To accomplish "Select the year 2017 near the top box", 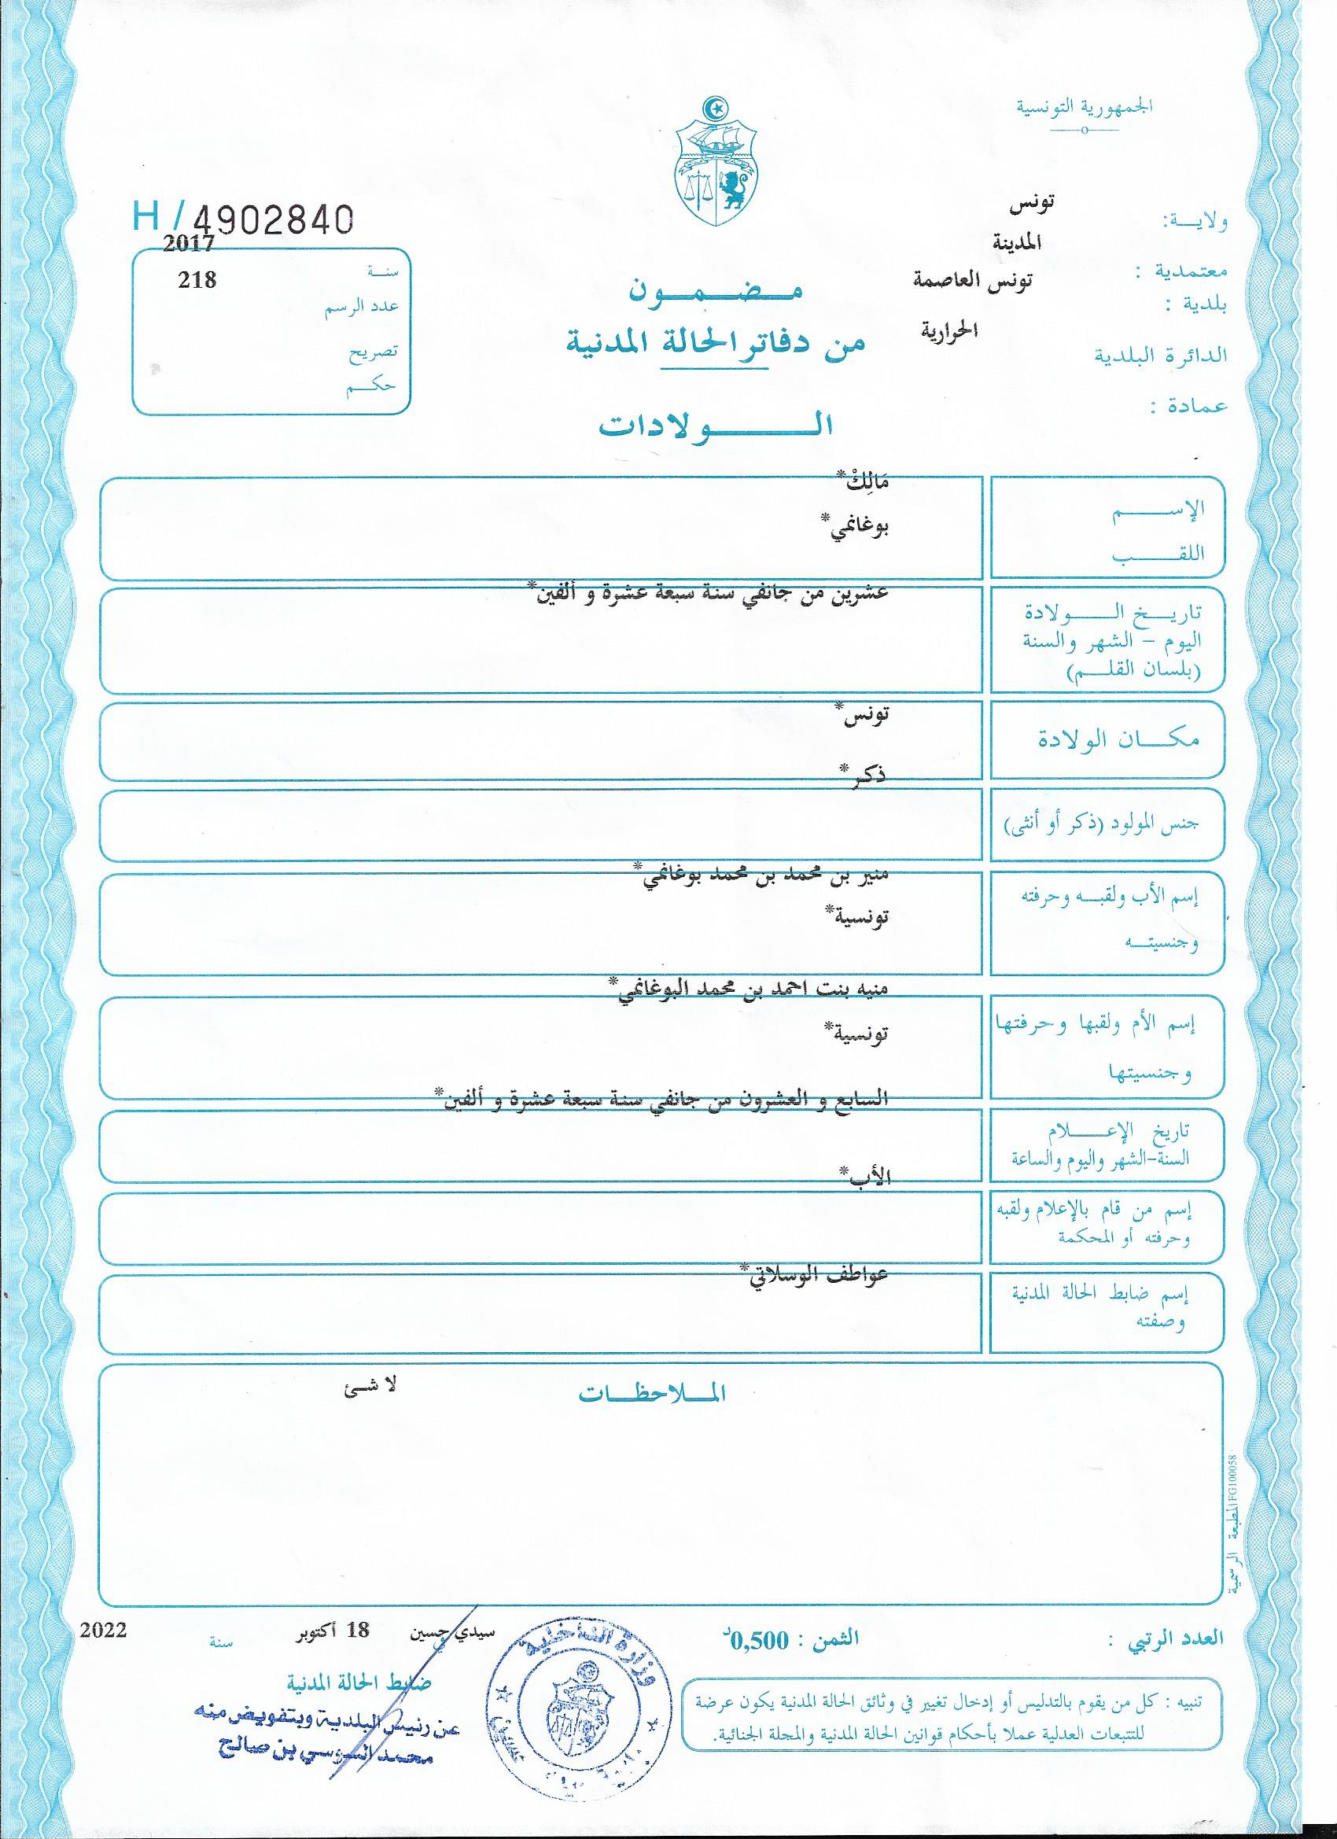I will click(189, 241).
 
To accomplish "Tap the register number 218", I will click(198, 281).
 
